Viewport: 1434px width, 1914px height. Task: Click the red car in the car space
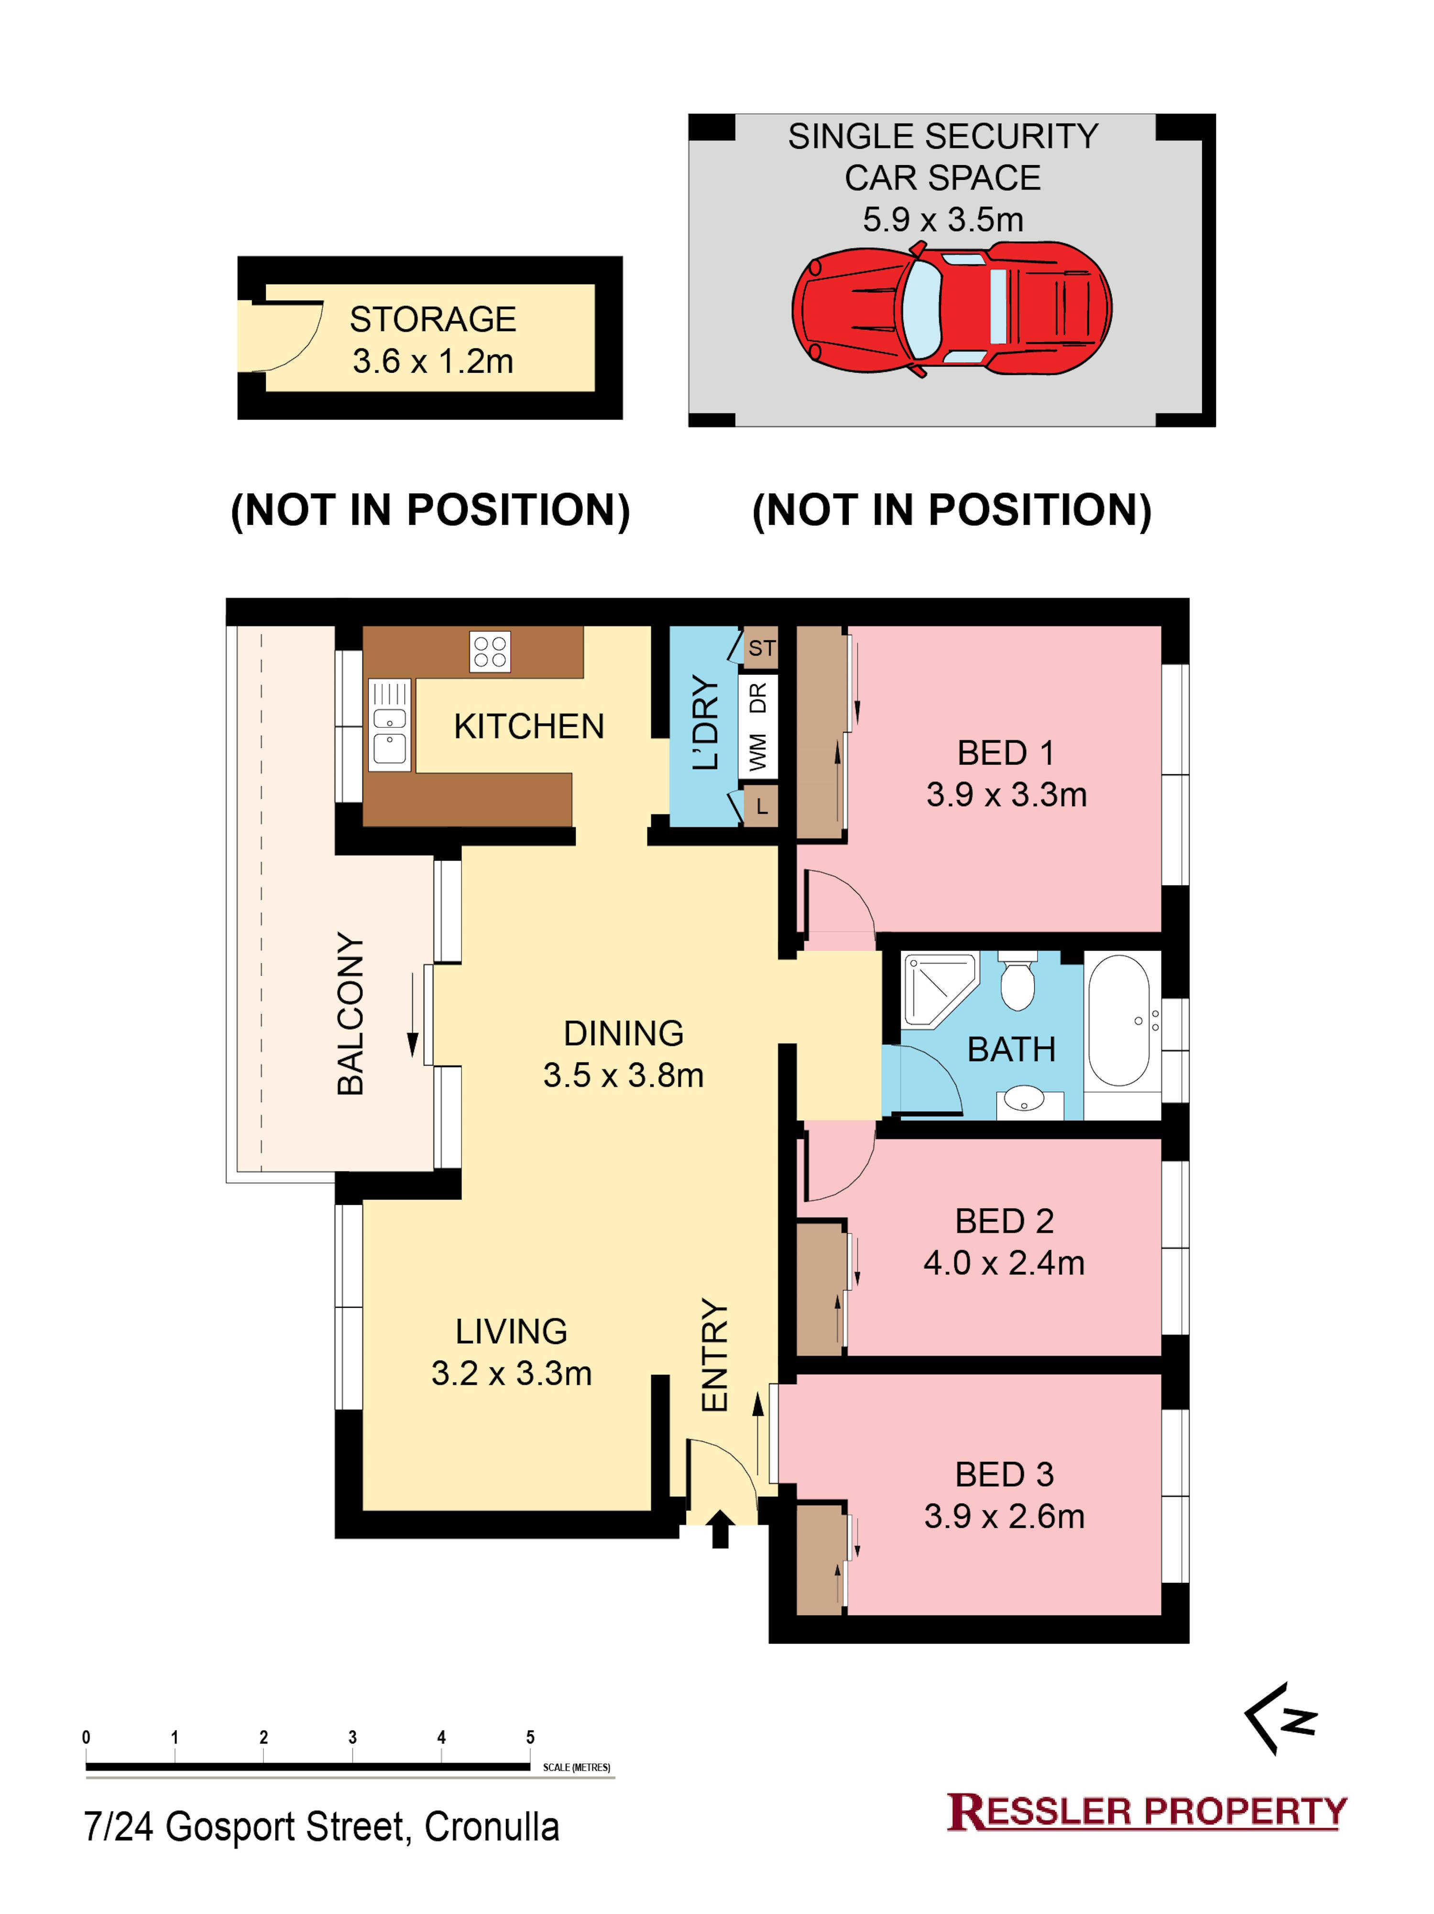(952, 309)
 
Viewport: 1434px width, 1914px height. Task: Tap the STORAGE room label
(432, 319)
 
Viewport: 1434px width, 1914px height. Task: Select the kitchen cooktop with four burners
(490, 652)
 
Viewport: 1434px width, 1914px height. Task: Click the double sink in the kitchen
(389, 725)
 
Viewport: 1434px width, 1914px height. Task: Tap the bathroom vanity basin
(1025, 1103)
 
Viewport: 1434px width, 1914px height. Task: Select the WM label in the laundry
(758, 752)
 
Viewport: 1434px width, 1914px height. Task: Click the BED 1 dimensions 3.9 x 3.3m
(1006, 794)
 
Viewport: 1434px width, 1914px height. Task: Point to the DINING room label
(624, 1033)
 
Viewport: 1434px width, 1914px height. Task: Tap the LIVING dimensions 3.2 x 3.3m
(511, 1373)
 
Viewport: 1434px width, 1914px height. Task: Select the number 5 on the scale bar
(530, 1737)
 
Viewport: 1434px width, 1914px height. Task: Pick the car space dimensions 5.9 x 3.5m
(943, 220)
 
